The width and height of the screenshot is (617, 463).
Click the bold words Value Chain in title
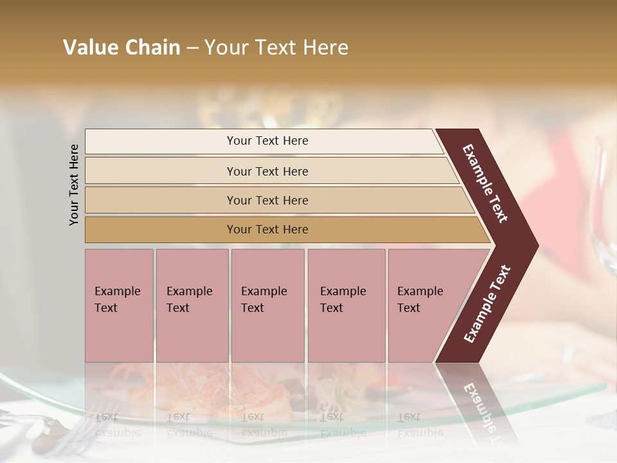[121, 48]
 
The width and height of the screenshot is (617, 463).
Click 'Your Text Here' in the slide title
[276, 48]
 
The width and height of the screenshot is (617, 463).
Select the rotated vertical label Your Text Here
[74, 185]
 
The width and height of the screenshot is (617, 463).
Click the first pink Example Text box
[119, 305]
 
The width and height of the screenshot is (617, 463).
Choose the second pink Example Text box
[192, 305]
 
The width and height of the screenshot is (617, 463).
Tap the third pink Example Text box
[267, 305]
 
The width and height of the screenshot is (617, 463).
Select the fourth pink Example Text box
[346, 305]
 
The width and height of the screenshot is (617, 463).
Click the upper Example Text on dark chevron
[486, 183]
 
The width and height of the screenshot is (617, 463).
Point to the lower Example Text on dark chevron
[487, 304]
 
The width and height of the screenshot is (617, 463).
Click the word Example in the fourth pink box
[343, 291]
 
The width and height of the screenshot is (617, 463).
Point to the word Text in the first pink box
[106, 308]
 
